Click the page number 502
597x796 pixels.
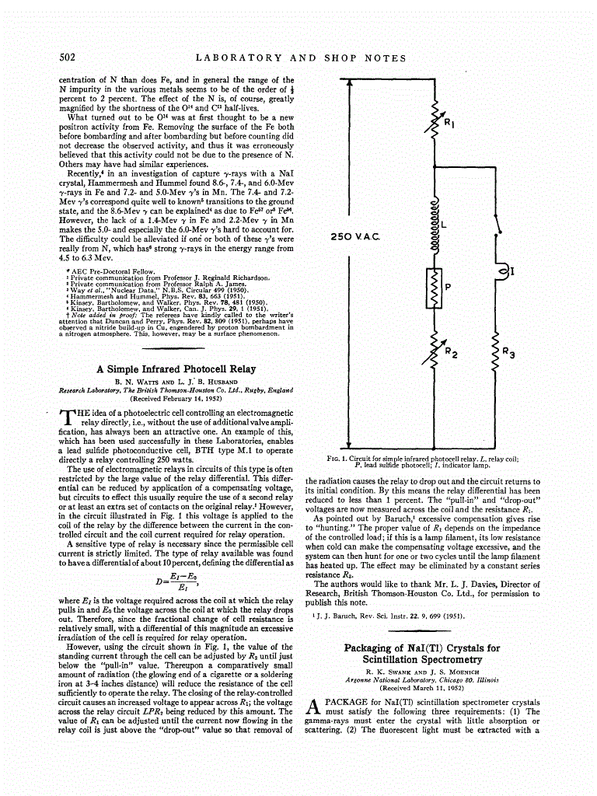pyautogui.click(x=67, y=58)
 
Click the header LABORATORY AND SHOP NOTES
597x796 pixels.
pyautogui.click(x=300, y=58)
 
